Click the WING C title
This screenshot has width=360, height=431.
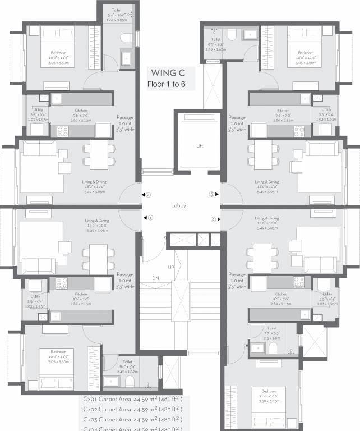pyautogui.click(x=167, y=73)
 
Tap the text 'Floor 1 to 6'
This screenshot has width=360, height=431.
pyautogui.click(x=167, y=85)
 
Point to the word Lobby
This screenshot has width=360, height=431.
pyautogui.click(x=178, y=205)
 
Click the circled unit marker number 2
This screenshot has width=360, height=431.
pyautogui.click(x=148, y=195)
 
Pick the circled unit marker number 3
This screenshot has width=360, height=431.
pyautogui.click(x=212, y=195)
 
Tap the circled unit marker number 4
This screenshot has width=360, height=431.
pyautogui.click(x=213, y=219)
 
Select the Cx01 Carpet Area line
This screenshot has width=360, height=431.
pyautogui.click(x=133, y=400)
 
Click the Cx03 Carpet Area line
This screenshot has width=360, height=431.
pyautogui.click(x=133, y=419)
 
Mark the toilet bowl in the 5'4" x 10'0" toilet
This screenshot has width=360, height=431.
pyautogui.click(x=126, y=37)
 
